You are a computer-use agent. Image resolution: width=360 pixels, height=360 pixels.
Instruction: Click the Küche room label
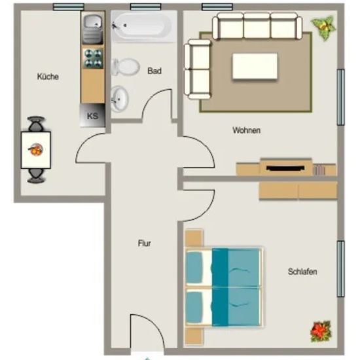pyautogui.click(x=48, y=77)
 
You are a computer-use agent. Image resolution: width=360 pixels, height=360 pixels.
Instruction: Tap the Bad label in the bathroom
pyautogui.click(x=154, y=71)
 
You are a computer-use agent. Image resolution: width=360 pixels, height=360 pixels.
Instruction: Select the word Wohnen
pyautogui.click(x=247, y=130)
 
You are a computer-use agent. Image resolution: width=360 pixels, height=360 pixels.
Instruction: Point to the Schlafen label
pyautogui.click(x=302, y=272)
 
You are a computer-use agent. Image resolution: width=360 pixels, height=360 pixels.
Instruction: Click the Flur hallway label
pyautogui.click(x=145, y=243)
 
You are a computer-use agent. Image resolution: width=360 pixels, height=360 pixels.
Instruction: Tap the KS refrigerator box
pyautogui.click(x=92, y=115)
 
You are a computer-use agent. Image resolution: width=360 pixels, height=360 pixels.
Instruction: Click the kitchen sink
pyautogui.click(x=93, y=28)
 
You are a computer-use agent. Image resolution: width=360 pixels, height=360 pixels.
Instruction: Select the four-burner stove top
pyautogui.click(x=93, y=58)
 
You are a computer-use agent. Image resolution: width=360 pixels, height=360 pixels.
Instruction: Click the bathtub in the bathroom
pyautogui.click(x=144, y=26)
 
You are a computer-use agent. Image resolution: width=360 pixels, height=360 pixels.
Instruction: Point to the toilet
pyautogui.click(x=126, y=67)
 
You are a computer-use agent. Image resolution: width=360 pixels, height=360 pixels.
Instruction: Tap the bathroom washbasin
pyautogui.click(x=119, y=99)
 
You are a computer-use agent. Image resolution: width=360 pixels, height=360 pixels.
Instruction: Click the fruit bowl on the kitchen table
pyautogui.click(x=35, y=149)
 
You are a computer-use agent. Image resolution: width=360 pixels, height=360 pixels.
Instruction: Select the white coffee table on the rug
pyautogui.click(x=255, y=66)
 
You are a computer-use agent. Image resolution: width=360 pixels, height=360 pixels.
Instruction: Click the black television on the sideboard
pyautogui.click(x=285, y=168)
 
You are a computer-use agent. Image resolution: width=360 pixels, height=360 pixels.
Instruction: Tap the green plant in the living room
pyautogui.click(x=323, y=27)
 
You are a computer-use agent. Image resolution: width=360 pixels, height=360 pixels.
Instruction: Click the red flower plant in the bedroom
pyautogui.click(x=321, y=331)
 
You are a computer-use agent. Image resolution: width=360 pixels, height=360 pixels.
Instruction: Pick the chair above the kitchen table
pyautogui.click(x=36, y=124)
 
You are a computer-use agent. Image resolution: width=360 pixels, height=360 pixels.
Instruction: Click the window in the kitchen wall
pyautogui.click(x=69, y=7)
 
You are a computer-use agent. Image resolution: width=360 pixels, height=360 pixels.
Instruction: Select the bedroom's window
pyautogui.click(x=341, y=269)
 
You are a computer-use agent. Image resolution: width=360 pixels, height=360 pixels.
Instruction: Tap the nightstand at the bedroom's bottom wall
pyautogui.click(x=194, y=336)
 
